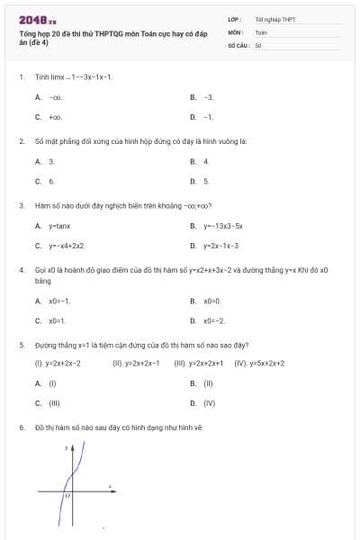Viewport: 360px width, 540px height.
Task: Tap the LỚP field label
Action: pyautogui.click(x=235, y=18)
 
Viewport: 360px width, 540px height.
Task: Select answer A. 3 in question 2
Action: pyautogui.click(x=48, y=161)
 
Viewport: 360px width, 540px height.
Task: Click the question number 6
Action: pyautogui.click(x=21, y=427)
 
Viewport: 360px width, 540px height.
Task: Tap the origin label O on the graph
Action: pyautogui.click(x=67, y=496)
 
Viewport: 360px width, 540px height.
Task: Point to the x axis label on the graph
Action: pyautogui.click(x=110, y=486)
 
